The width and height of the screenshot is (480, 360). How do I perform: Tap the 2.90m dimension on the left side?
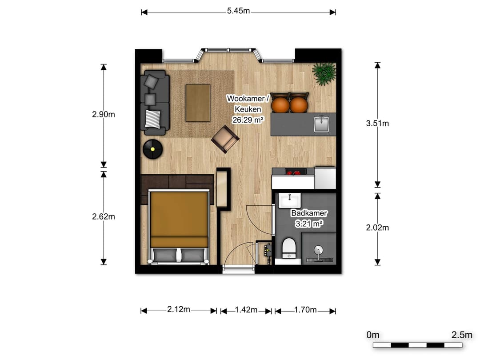(x=104, y=114)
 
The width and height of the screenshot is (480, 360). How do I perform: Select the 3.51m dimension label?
(x=377, y=124)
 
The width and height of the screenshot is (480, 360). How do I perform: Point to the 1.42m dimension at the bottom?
(x=246, y=310)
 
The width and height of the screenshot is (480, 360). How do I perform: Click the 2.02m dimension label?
(x=377, y=228)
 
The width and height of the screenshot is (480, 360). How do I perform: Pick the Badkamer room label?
(x=309, y=213)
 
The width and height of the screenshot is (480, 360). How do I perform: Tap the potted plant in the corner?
(x=324, y=73)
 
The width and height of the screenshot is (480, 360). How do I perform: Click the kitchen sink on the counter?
(x=321, y=124)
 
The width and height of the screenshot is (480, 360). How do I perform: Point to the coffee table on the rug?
(x=198, y=103)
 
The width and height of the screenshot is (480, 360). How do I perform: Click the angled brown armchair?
(x=225, y=139)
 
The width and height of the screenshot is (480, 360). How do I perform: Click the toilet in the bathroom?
(x=289, y=248)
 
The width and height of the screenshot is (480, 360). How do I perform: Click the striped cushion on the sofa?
(x=153, y=119)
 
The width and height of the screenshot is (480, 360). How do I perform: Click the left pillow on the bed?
(x=164, y=255)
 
